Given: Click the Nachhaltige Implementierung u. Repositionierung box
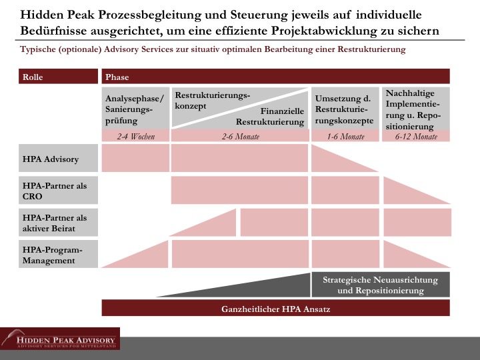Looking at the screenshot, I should coord(416,109).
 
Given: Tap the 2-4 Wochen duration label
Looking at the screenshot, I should coord(135,137).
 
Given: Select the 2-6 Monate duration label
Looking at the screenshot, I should coord(240,137).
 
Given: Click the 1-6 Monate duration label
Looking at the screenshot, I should coord(345,137).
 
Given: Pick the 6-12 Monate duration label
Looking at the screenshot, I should coord(416,137).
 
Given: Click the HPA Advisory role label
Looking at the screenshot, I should coord(51,159).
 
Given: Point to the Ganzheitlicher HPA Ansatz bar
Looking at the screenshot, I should coord(275,309).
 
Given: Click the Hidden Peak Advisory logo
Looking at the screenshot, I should coord(60,339).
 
